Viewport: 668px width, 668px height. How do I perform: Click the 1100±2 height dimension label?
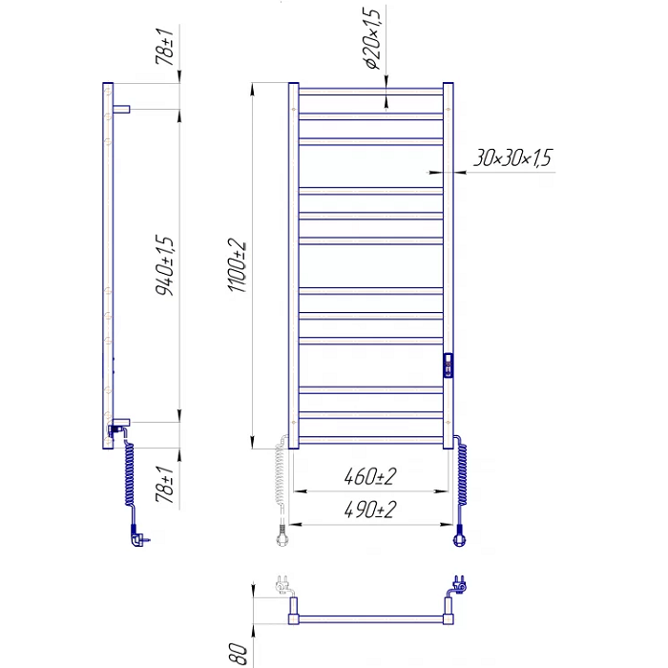point(238,265)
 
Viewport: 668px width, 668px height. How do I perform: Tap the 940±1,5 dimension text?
point(165,265)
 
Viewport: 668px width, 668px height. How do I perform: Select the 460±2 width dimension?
point(370,476)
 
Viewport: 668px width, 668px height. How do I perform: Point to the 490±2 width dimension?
point(370,510)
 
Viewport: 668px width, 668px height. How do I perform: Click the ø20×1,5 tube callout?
point(372,38)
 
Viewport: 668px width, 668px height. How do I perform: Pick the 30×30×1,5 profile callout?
point(513,157)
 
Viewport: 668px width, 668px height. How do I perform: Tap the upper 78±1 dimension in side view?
point(165,47)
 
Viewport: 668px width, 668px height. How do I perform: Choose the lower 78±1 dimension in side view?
point(165,485)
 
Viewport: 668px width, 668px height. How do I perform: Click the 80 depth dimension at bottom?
point(239,654)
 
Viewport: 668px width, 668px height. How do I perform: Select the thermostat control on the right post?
point(449,365)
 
